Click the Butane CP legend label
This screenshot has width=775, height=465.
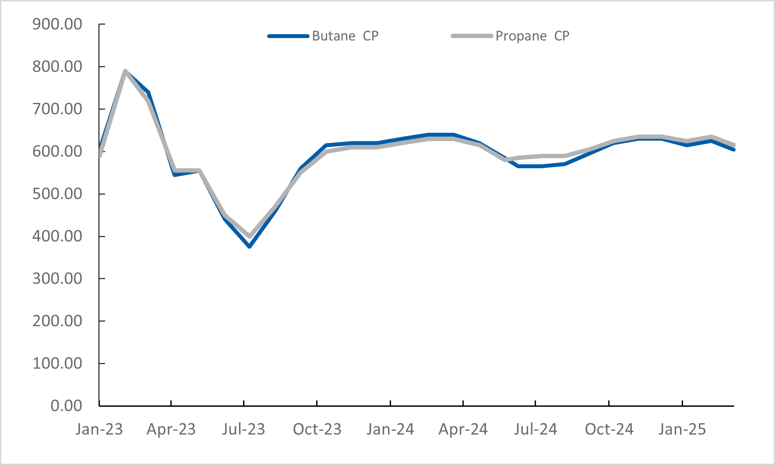click(x=345, y=36)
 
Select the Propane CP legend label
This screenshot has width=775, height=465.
click(x=532, y=36)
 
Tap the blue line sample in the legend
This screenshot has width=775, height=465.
click(x=289, y=36)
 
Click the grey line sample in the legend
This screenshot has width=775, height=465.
click(x=472, y=36)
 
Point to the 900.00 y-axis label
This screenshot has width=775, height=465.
click(x=57, y=24)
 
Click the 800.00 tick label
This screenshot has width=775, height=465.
click(x=57, y=67)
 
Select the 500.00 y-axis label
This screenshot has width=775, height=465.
click(x=57, y=194)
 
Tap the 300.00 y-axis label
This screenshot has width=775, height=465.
click(x=57, y=278)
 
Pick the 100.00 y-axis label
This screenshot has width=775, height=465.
click(x=57, y=363)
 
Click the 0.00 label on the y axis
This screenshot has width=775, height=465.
click(x=66, y=405)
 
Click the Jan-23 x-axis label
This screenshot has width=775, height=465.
click(x=99, y=429)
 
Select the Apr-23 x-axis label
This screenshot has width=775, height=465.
click(x=171, y=429)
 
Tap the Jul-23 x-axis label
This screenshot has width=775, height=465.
click(x=243, y=429)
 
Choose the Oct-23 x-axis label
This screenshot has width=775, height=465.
click(x=317, y=429)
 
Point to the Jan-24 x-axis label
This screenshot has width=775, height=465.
click(x=390, y=429)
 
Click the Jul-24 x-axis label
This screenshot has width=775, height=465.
click(x=535, y=429)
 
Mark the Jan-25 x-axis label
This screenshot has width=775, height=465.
click(x=682, y=429)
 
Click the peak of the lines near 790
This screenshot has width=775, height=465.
click(x=125, y=71)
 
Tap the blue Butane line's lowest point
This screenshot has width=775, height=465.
click(x=250, y=247)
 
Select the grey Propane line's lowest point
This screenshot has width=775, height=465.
click(x=250, y=236)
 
